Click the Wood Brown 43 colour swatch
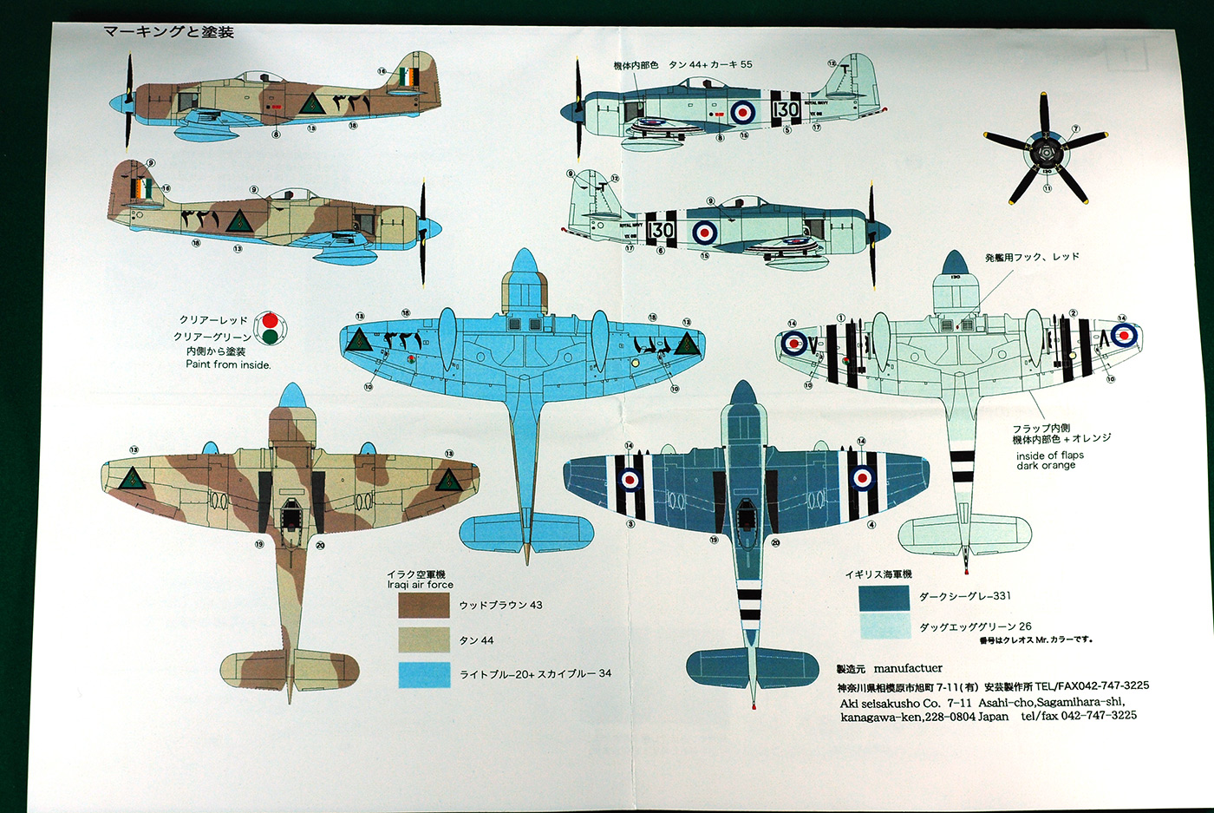pos(424,605)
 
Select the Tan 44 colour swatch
pos(424,640)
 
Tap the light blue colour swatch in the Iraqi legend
pos(424,674)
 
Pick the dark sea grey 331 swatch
pos(884,598)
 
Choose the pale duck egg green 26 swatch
pos(884,626)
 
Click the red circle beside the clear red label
pos(270,320)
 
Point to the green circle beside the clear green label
pos(270,337)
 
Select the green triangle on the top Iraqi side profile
pos(312,105)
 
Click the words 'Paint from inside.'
pos(228,364)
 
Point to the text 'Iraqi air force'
pos(420,585)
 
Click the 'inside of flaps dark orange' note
pos(1049,460)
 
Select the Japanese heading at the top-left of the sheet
pos(168,32)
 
